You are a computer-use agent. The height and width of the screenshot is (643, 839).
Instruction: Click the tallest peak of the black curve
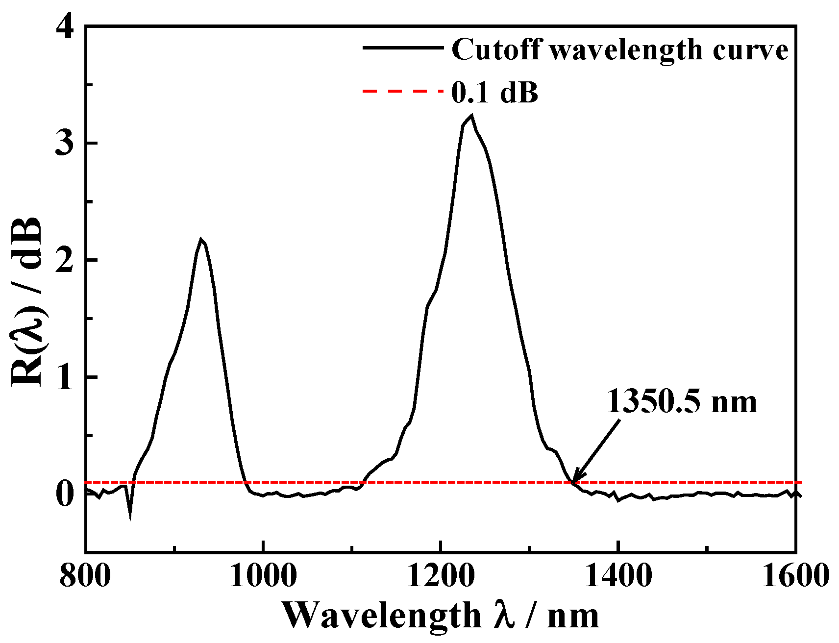pyautogui.click(x=471, y=116)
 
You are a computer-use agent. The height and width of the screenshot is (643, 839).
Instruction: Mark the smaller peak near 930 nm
pyautogui.click(x=201, y=239)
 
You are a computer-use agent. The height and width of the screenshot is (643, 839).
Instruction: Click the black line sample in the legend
pyautogui.click(x=403, y=48)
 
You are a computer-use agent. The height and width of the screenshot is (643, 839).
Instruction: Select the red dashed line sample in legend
pyautogui.click(x=403, y=91)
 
